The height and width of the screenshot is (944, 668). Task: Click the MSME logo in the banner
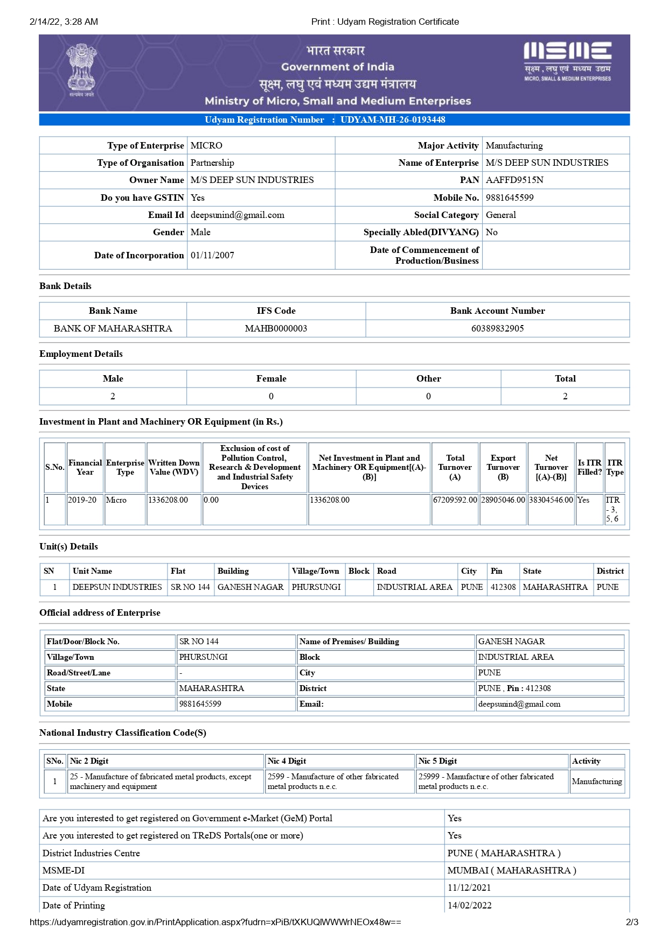tap(567, 60)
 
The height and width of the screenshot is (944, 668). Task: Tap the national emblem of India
tap(81, 70)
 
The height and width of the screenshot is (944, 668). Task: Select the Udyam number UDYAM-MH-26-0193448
tap(393, 120)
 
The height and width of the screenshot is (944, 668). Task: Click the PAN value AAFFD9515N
tap(514, 180)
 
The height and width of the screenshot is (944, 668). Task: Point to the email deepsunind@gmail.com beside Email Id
tap(237, 215)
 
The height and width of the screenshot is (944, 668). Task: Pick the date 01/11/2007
tap(212, 256)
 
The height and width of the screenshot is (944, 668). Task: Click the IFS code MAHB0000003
tap(276, 328)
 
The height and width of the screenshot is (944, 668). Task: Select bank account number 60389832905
tap(497, 328)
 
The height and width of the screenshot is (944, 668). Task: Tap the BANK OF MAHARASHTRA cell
tap(113, 328)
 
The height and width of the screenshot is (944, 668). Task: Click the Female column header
tap(271, 379)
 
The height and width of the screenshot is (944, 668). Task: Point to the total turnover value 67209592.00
tap(455, 500)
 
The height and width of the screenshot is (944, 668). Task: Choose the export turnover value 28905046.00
tap(503, 500)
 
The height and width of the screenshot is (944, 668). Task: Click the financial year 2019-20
tap(82, 500)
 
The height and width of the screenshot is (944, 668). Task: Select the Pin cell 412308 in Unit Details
tap(503, 587)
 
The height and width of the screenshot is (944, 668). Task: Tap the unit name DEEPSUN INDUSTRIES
tap(117, 587)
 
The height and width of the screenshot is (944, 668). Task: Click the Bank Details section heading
tap(65, 286)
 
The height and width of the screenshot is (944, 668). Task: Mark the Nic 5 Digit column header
tap(437, 761)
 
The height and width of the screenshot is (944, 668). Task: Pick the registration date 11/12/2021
tap(469, 888)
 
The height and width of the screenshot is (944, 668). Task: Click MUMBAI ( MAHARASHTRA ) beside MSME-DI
tap(511, 871)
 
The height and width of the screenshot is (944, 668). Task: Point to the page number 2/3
tap(632, 922)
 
